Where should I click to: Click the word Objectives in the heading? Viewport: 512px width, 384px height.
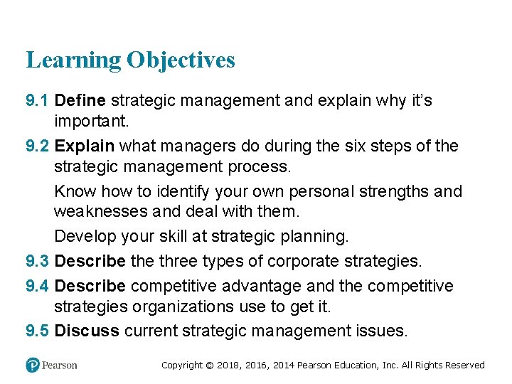pyautogui.click(x=181, y=60)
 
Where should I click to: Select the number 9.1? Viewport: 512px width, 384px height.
pyautogui.click(x=38, y=100)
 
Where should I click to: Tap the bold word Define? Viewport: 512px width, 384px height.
pyautogui.click(x=80, y=100)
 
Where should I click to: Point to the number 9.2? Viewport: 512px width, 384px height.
pyautogui.click(x=38, y=146)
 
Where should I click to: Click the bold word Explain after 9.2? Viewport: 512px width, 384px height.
pyautogui.click(x=85, y=146)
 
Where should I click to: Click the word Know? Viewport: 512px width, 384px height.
pyautogui.click(x=75, y=192)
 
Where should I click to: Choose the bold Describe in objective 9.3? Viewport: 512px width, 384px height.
pyautogui.click(x=90, y=261)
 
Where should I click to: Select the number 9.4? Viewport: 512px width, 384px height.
pyautogui.click(x=38, y=286)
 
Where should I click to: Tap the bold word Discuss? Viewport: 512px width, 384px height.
pyautogui.click(x=87, y=331)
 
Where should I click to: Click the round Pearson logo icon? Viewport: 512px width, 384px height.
pyautogui.click(x=32, y=365)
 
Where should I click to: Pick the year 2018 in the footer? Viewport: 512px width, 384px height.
pyautogui.click(x=228, y=366)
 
